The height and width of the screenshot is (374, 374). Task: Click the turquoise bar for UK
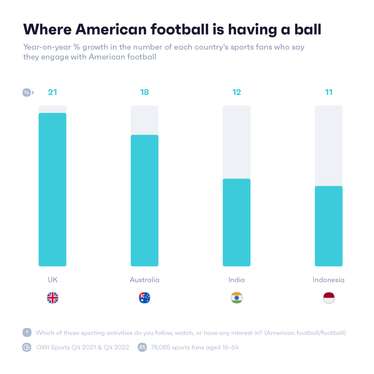[52, 190]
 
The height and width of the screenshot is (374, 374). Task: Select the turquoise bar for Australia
[144, 201]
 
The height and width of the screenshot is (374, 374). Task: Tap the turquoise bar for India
[236, 222]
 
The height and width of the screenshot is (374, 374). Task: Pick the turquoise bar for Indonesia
[328, 226]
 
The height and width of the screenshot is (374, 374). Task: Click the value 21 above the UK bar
[53, 92]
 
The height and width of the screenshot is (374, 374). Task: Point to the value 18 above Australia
[145, 92]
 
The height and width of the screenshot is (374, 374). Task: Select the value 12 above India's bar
[237, 92]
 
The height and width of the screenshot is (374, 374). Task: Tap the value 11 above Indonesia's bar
[329, 92]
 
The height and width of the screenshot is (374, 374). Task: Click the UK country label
[53, 280]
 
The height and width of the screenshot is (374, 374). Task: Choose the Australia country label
[145, 280]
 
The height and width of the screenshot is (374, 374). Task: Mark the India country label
[237, 280]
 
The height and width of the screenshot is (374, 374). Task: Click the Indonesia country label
[329, 280]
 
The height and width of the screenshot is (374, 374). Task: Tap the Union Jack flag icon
[53, 298]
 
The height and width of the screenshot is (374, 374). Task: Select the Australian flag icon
[145, 298]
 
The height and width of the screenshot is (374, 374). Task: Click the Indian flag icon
[237, 298]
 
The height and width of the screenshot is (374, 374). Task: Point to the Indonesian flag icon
[329, 298]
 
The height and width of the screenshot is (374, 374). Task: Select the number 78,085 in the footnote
[162, 347]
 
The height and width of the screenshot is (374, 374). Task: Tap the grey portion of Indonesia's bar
[328, 146]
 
